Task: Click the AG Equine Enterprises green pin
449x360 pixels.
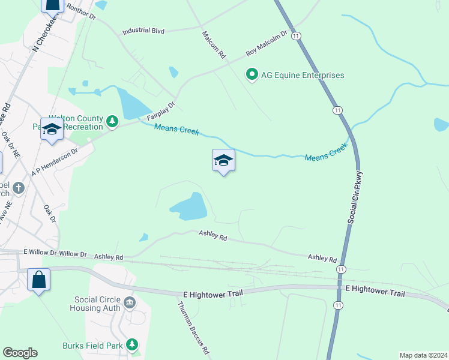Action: click(x=252, y=75)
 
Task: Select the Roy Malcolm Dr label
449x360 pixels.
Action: click(x=267, y=44)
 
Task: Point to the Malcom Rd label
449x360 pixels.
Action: click(x=214, y=44)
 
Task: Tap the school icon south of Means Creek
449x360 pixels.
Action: click(x=223, y=160)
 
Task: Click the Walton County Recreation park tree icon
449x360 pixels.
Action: click(x=112, y=122)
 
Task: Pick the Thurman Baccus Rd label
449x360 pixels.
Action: click(x=193, y=327)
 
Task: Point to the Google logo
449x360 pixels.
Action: click(x=20, y=353)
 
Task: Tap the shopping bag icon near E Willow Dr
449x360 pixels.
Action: click(x=38, y=280)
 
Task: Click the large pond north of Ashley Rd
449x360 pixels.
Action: click(x=191, y=207)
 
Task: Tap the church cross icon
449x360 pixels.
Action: click(x=19, y=188)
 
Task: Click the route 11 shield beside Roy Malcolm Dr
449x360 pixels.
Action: click(x=296, y=37)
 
